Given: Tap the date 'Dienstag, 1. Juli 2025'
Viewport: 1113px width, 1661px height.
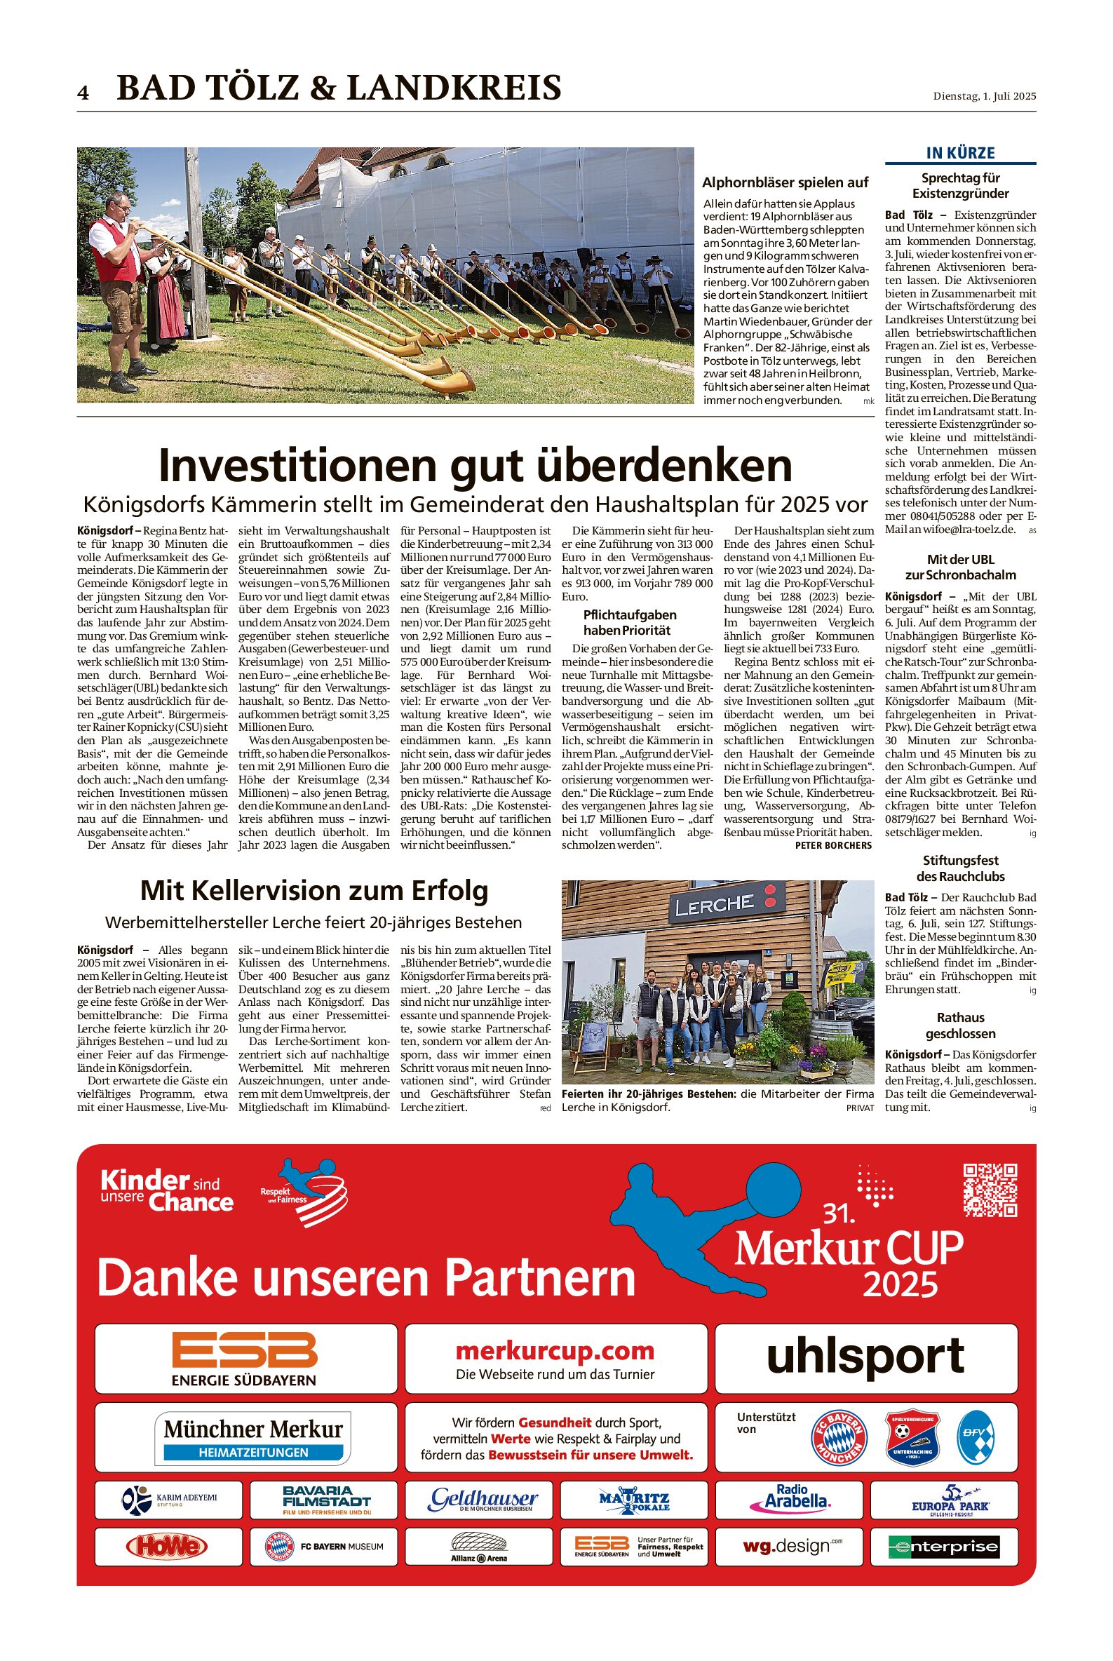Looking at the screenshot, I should click(x=984, y=97).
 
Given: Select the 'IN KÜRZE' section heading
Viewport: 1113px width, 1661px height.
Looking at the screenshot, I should click(x=960, y=153).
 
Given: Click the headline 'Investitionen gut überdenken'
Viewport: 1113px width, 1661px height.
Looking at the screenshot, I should click(x=475, y=465).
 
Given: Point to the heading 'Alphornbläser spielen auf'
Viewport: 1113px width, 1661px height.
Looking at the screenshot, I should click(x=785, y=182).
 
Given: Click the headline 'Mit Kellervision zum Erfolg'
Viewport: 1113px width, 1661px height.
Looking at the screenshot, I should click(x=313, y=890).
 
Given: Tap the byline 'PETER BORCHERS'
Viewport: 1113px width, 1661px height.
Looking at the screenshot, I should click(x=832, y=845).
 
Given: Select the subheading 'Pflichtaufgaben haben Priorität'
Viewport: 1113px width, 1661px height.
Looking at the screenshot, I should click(x=630, y=622).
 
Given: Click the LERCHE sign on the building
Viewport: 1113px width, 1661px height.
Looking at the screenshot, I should click(x=713, y=905).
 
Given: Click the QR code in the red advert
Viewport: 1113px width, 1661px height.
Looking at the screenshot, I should click(x=990, y=1190).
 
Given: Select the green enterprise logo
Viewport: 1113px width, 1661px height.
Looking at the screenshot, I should click(x=943, y=1547).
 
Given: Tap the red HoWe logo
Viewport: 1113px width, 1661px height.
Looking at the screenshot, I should click(x=168, y=1547).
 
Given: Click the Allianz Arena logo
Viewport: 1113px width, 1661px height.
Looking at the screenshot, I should click(x=478, y=1547).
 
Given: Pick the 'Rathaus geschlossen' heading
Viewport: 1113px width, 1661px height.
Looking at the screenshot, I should click(x=959, y=1025).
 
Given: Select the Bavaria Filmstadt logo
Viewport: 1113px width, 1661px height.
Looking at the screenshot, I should click(x=326, y=1499).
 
